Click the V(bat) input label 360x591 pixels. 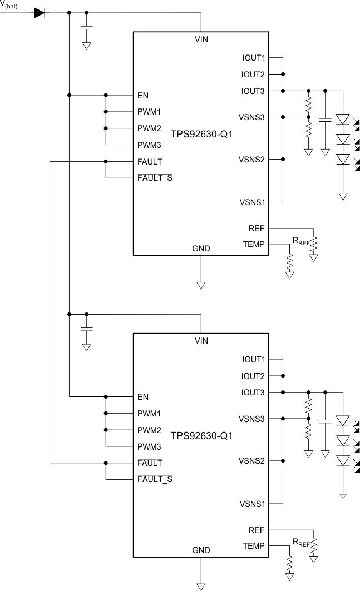[x=9, y=4]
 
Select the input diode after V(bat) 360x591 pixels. [x=40, y=12]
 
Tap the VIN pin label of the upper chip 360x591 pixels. [x=201, y=40]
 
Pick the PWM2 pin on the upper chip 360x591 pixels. [x=149, y=128]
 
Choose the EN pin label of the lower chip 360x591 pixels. [x=143, y=397]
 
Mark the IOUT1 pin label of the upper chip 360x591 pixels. [x=254, y=57]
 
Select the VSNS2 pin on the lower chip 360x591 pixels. [x=252, y=461]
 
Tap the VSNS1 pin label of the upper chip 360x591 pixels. [x=252, y=202]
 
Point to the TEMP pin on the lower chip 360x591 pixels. [x=254, y=545]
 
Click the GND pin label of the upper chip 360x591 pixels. [x=201, y=248]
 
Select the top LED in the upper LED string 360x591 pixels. [x=343, y=119]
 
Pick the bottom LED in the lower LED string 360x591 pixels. [x=343, y=461]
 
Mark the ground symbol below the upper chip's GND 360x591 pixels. [x=201, y=285]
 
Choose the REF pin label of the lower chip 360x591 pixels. [x=257, y=530]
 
